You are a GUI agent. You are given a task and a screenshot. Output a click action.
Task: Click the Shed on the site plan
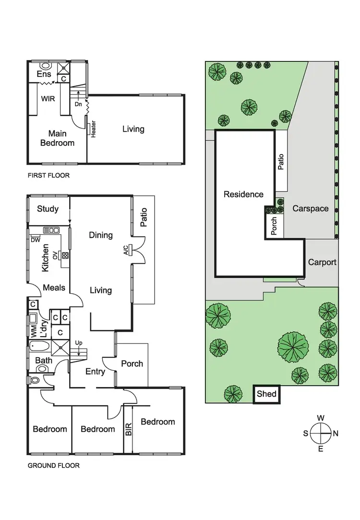tap(266, 394)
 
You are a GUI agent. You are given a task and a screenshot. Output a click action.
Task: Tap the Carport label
tap(322, 262)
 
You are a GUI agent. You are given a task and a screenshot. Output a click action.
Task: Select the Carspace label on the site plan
tap(311, 208)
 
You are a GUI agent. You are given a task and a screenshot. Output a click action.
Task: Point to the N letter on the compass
tap(336, 434)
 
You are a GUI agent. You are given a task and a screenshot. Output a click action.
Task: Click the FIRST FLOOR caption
tap(48, 176)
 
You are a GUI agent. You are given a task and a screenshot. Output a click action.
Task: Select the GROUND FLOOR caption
tap(53, 465)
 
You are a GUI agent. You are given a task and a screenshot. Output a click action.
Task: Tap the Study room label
tap(48, 208)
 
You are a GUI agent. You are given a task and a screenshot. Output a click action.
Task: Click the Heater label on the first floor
tap(94, 129)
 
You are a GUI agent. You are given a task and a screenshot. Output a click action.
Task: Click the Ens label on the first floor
tap(44, 74)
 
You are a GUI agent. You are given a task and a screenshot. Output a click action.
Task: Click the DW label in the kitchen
tap(35, 240)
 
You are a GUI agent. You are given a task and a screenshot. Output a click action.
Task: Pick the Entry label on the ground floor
tap(96, 371)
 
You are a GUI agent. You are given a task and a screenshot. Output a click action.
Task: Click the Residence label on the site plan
tap(243, 194)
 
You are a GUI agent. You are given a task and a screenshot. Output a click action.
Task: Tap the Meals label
tap(54, 288)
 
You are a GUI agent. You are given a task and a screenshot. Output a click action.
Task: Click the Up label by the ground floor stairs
tap(79, 342)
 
